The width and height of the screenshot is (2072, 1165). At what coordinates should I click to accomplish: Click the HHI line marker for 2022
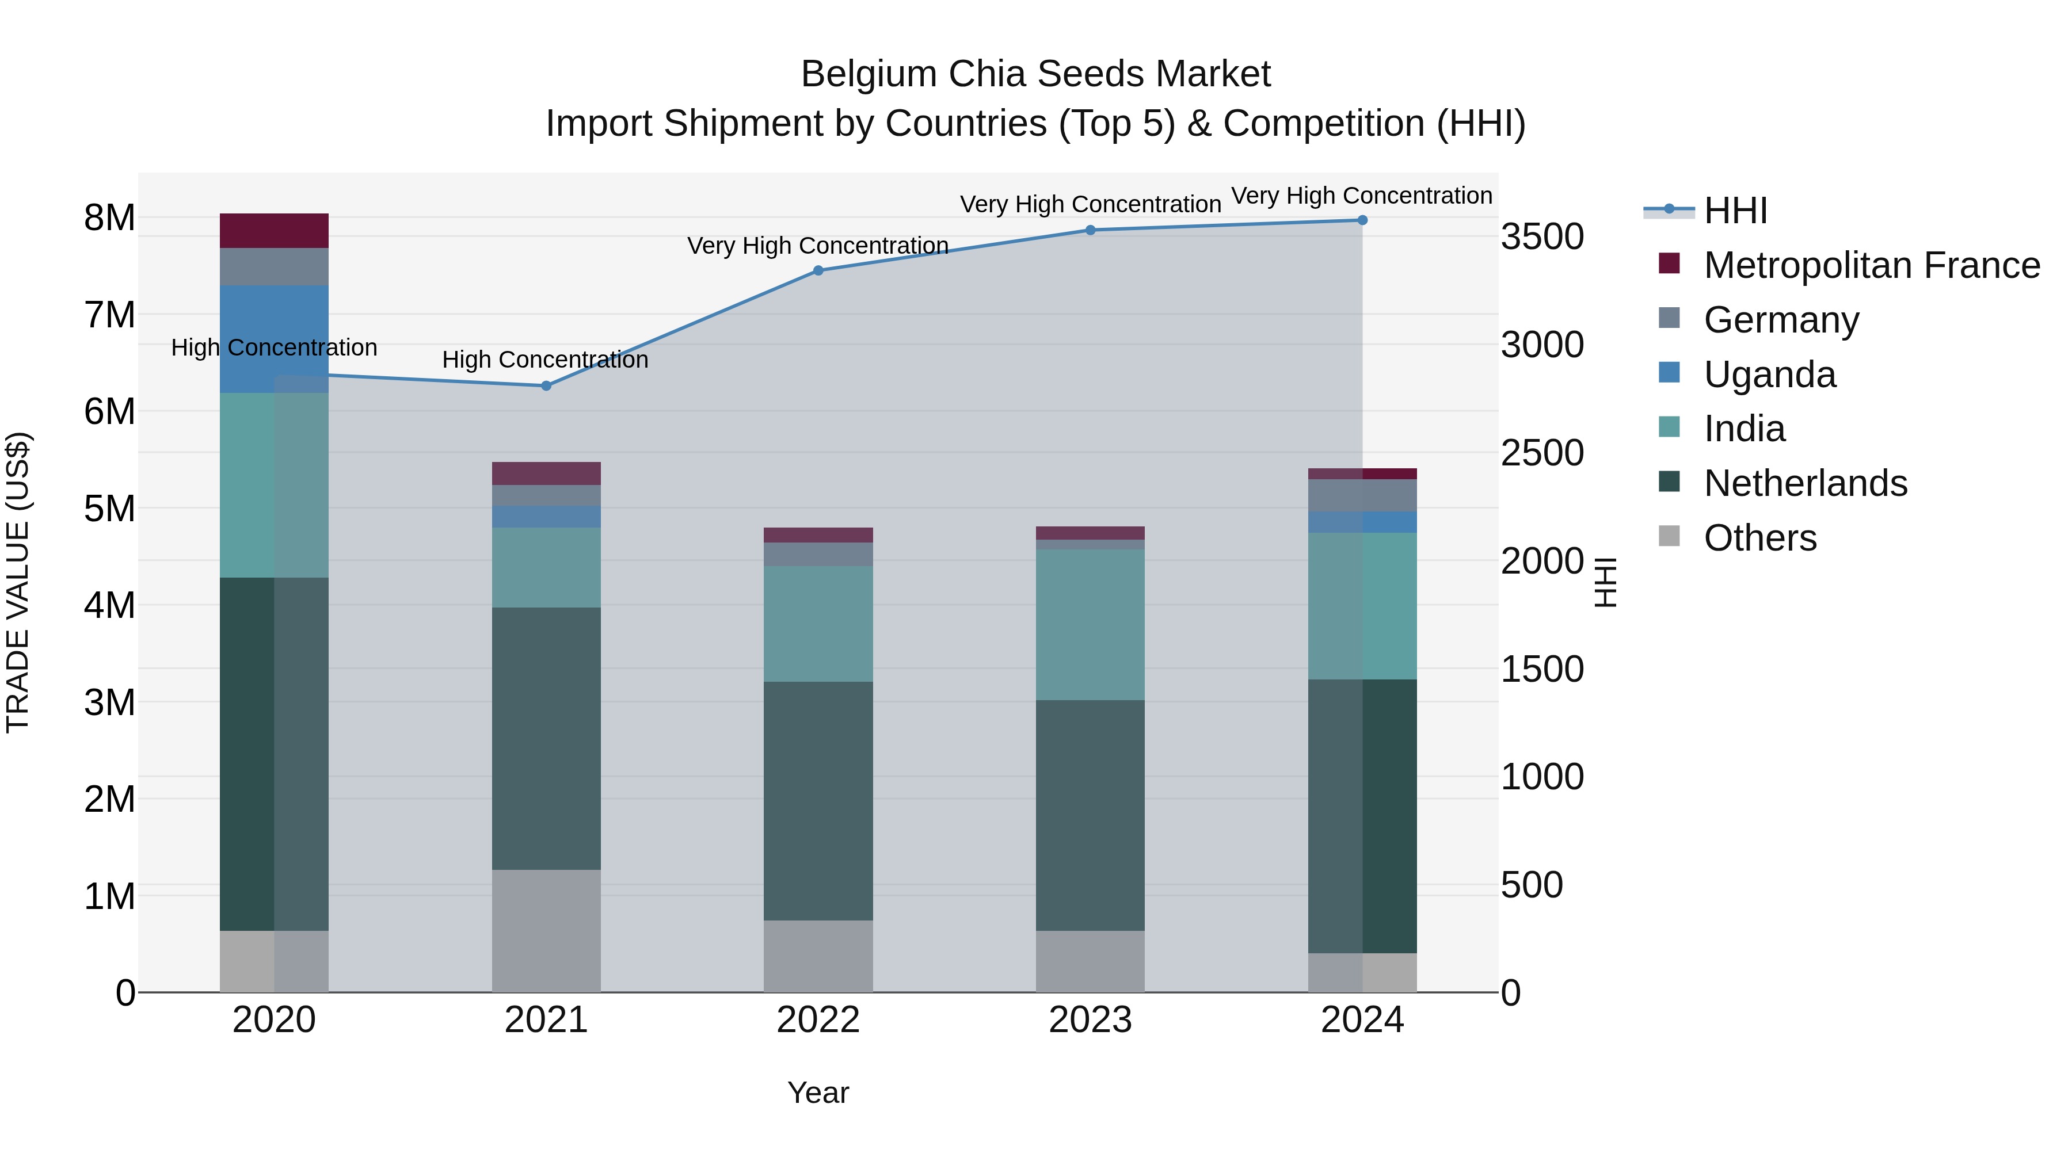pyautogui.click(x=818, y=270)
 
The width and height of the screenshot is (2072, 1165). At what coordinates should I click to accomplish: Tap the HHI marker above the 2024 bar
pyautogui.click(x=1362, y=220)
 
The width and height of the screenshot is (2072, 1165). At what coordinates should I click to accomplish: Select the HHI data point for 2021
pyautogui.click(x=546, y=386)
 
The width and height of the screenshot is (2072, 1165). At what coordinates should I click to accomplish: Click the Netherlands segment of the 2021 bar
pyautogui.click(x=546, y=738)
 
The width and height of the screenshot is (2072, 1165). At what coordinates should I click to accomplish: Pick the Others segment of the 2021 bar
pyautogui.click(x=546, y=930)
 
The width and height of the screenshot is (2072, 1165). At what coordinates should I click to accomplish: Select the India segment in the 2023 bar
pyautogui.click(x=1090, y=625)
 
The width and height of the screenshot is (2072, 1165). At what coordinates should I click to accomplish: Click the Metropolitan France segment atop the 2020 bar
pyautogui.click(x=275, y=231)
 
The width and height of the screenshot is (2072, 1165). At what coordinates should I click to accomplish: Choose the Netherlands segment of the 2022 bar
pyautogui.click(x=818, y=801)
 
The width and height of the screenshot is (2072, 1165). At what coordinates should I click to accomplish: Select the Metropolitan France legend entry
pyautogui.click(x=1871, y=265)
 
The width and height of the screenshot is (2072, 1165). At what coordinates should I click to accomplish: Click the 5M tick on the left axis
pyautogui.click(x=110, y=508)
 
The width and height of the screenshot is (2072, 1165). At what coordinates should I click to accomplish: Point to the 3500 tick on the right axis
pyautogui.click(x=1542, y=237)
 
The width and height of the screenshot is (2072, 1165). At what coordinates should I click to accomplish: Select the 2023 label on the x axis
pyautogui.click(x=1090, y=1020)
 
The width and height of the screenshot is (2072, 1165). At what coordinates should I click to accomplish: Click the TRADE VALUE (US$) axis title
pyautogui.click(x=18, y=582)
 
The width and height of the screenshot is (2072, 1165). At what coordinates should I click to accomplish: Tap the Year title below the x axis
pyautogui.click(x=818, y=1093)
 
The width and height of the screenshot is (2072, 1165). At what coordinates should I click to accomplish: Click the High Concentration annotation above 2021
pyautogui.click(x=546, y=360)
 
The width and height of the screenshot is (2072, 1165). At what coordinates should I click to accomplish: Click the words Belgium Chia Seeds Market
pyautogui.click(x=1035, y=74)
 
